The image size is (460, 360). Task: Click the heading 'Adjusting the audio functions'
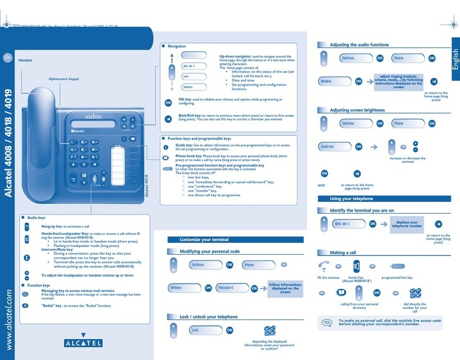tap(359, 44)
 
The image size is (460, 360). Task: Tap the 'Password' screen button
tap(231, 288)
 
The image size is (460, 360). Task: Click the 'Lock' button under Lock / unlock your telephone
tap(203, 330)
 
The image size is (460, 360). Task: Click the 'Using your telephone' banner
tap(359, 198)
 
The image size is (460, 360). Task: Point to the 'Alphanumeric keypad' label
tap(63, 78)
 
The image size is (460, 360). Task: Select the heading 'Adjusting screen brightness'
tap(357, 110)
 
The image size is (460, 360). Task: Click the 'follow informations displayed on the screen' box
tap(285, 288)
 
